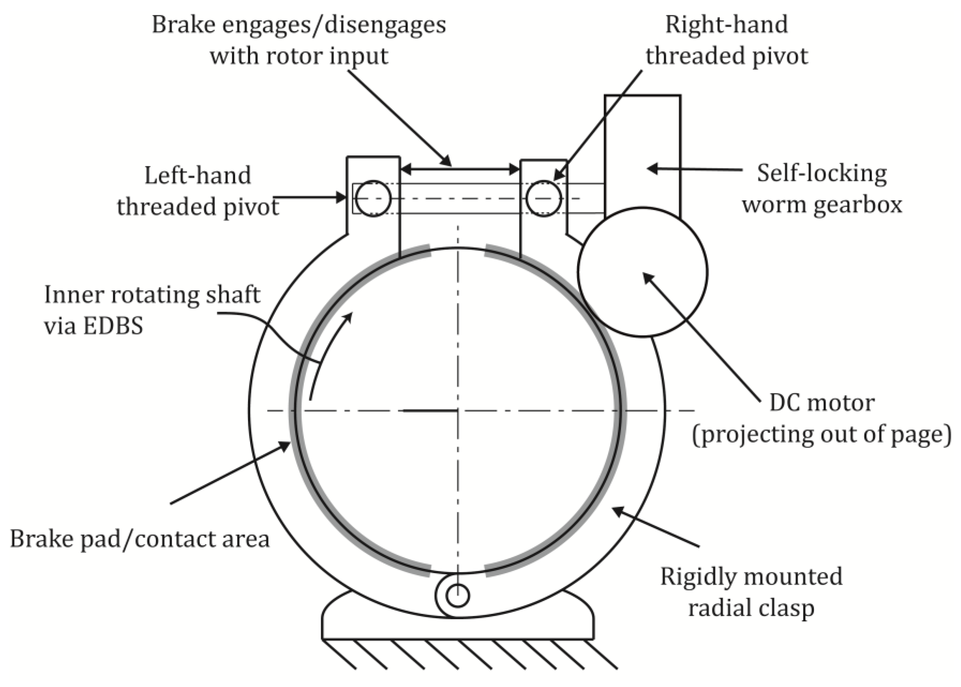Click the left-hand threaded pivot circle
pyautogui.click(x=373, y=198)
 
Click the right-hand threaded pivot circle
pyautogui.click(x=543, y=198)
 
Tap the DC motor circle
pyautogui.click(x=642, y=272)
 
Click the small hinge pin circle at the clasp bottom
pyautogui.click(x=457, y=596)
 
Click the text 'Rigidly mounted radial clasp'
pyautogui.click(x=751, y=592)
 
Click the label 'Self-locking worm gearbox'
pyautogui.click(x=821, y=189)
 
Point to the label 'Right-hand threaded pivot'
pyautogui.click(x=726, y=40)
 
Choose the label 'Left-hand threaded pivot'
pyautogui.click(x=198, y=191)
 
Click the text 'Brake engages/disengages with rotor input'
pyautogui.click(x=299, y=40)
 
